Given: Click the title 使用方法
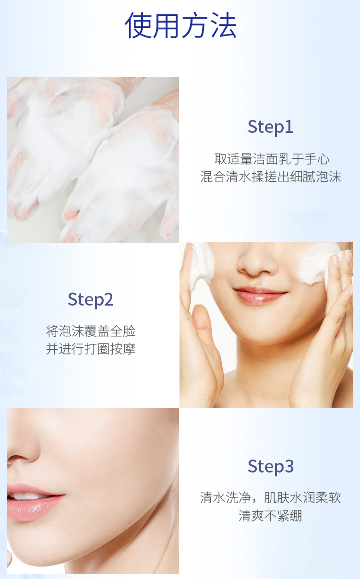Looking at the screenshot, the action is click(180, 25).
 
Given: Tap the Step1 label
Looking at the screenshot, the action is click(270, 127).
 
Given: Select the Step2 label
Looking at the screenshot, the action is click(90, 300).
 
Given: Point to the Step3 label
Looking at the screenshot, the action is click(271, 467).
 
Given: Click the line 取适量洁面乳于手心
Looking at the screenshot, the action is click(272, 159).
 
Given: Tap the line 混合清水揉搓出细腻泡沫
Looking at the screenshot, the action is click(271, 177).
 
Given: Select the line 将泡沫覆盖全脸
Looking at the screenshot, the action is click(91, 331).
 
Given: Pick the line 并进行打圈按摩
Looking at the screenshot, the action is click(91, 349).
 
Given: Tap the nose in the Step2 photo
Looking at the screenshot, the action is click(257, 261).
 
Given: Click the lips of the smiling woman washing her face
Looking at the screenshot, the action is click(260, 295).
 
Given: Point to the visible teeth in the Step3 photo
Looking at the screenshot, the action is click(27, 496).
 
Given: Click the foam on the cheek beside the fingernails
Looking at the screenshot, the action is click(318, 264).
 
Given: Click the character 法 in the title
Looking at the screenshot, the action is click(224, 25).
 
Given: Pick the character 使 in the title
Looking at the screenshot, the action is click(138, 25).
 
